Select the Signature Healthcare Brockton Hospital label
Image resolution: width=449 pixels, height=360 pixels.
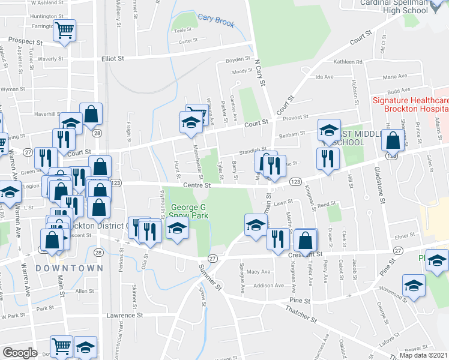(x=410, y=105)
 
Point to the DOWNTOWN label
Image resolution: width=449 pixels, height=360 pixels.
(x=65, y=268)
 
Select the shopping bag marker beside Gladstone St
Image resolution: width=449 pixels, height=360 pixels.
(x=393, y=142)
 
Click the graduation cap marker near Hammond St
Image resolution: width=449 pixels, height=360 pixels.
(x=414, y=286)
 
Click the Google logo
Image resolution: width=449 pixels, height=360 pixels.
(x=20, y=352)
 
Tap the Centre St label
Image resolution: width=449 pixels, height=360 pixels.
(x=197, y=186)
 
